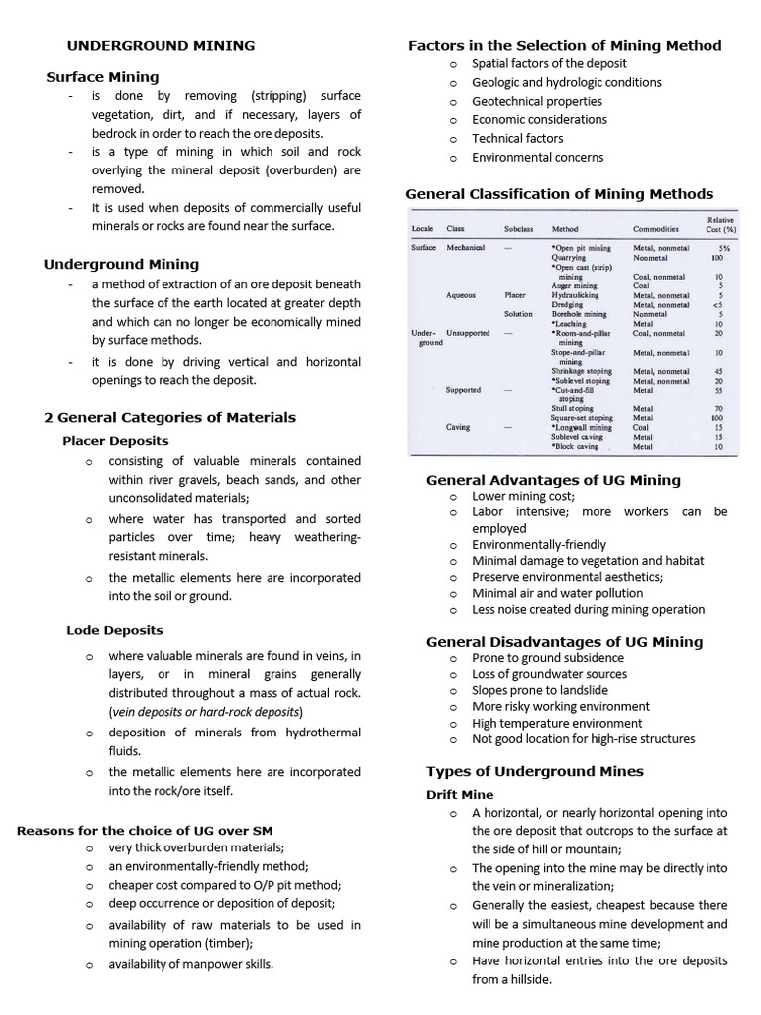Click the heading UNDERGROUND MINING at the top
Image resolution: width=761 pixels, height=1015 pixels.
coord(160,45)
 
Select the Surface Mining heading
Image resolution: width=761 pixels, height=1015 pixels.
coord(102,76)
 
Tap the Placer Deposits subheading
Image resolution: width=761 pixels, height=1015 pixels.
coord(115,440)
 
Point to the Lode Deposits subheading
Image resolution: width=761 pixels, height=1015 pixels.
coord(115,629)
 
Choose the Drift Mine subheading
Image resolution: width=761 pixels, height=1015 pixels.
coord(460,794)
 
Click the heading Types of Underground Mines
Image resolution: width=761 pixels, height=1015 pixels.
coord(534,771)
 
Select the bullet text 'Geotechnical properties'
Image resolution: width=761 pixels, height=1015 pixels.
coord(536,101)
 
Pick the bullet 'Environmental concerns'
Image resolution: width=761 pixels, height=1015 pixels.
coord(537,157)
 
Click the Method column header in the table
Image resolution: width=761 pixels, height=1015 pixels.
coord(565,228)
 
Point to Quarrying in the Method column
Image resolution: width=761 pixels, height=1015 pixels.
coord(569,257)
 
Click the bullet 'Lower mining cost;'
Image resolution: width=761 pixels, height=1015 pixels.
coord(522,496)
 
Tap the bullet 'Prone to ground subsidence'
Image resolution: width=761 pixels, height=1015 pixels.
coord(547,657)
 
